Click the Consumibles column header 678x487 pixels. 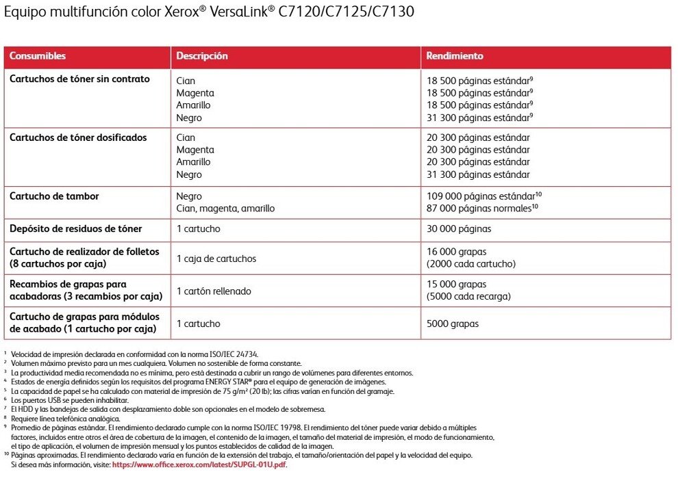click(x=38, y=56)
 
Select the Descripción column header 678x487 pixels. click(x=202, y=56)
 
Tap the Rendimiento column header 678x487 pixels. click(x=455, y=56)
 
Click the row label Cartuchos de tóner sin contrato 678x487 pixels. click(x=79, y=79)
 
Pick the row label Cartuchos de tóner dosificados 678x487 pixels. click(x=78, y=137)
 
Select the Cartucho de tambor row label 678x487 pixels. click(x=54, y=196)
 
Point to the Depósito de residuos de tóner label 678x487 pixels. click(x=76, y=228)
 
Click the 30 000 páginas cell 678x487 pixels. click(x=459, y=229)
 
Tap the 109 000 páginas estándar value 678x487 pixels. click(x=484, y=196)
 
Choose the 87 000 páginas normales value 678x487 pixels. click(x=479, y=208)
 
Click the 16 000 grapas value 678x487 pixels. click(x=456, y=252)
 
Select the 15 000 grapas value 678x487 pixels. click(x=456, y=284)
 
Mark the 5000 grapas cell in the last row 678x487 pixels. click(x=453, y=324)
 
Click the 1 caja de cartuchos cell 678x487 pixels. click(x=216, y=259)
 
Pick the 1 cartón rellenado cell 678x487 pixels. click(x=214, y=291)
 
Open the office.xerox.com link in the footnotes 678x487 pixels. click(x=199, y=464)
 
